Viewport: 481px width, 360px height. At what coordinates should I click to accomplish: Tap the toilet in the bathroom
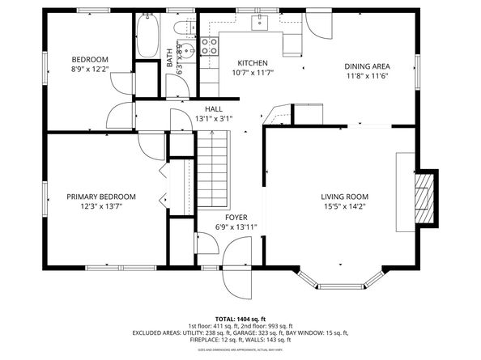(185, 30)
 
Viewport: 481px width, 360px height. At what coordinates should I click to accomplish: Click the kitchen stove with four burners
(209, 44)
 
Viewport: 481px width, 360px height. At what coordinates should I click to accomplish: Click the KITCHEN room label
(253, 63)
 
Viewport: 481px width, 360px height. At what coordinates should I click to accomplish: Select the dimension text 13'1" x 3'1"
(214, 119)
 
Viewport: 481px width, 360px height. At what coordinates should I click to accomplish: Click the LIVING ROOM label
(344, 197)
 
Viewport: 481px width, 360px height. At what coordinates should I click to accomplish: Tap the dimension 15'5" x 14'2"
(344, 206)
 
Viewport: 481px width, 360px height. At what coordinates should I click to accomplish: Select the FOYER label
(236, 218)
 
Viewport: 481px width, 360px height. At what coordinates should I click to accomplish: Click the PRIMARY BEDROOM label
(101, 197)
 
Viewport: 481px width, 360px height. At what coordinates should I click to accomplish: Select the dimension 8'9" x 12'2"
(89, 70)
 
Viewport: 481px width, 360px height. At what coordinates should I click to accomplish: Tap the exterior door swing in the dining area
(316, 24)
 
